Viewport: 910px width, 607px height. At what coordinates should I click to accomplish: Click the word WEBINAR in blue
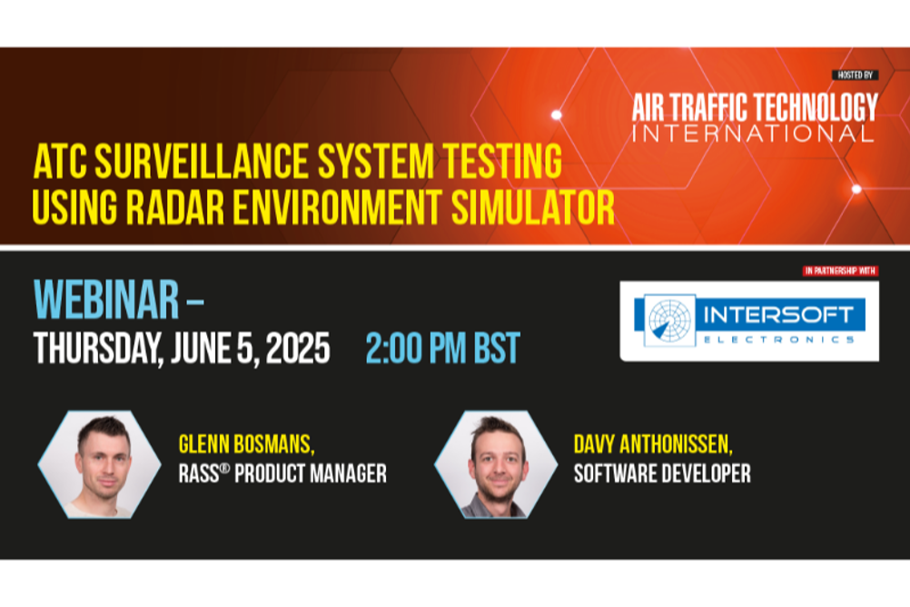coord(106,300)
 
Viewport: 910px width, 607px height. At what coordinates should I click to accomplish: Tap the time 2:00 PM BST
coord(443,348)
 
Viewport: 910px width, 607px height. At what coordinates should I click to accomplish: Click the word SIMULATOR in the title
coord(533,207)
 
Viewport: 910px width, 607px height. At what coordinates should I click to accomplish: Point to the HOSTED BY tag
coord(856,75)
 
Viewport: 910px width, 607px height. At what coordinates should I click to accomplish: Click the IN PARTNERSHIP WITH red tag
coord(840,271)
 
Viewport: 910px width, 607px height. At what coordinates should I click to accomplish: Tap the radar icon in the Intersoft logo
coord(670,321)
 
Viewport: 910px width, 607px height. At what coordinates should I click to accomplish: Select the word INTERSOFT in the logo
coord(778,314)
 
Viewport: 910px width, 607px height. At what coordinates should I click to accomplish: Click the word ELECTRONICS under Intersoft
coord(779,340)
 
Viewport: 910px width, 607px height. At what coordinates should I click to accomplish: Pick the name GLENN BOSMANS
coord(247,444)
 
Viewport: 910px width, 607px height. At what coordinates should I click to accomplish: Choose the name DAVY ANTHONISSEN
coord(653,444)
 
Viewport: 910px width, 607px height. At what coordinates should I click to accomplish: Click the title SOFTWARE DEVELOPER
coord(662,473)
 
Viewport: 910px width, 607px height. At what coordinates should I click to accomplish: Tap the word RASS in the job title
coord(199,473)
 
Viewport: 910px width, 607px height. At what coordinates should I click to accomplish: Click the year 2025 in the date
coord(298,349)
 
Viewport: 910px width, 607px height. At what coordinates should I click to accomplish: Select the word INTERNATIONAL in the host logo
coord(753,134)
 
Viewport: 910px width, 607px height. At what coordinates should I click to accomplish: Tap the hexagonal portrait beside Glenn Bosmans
coord(100,464)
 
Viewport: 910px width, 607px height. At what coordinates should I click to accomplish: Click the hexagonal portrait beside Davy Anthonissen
coord(496,464)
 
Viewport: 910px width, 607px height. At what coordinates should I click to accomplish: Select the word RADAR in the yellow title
coord(175,207)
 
